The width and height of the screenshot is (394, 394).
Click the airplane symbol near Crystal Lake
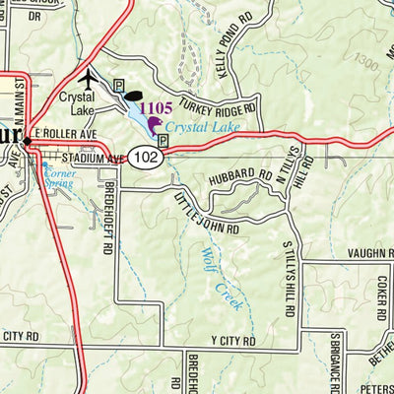(x=91, y=78)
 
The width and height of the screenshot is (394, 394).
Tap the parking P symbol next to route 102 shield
(x=164, y=141)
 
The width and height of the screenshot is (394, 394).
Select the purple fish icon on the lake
(x=155, y=125)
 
